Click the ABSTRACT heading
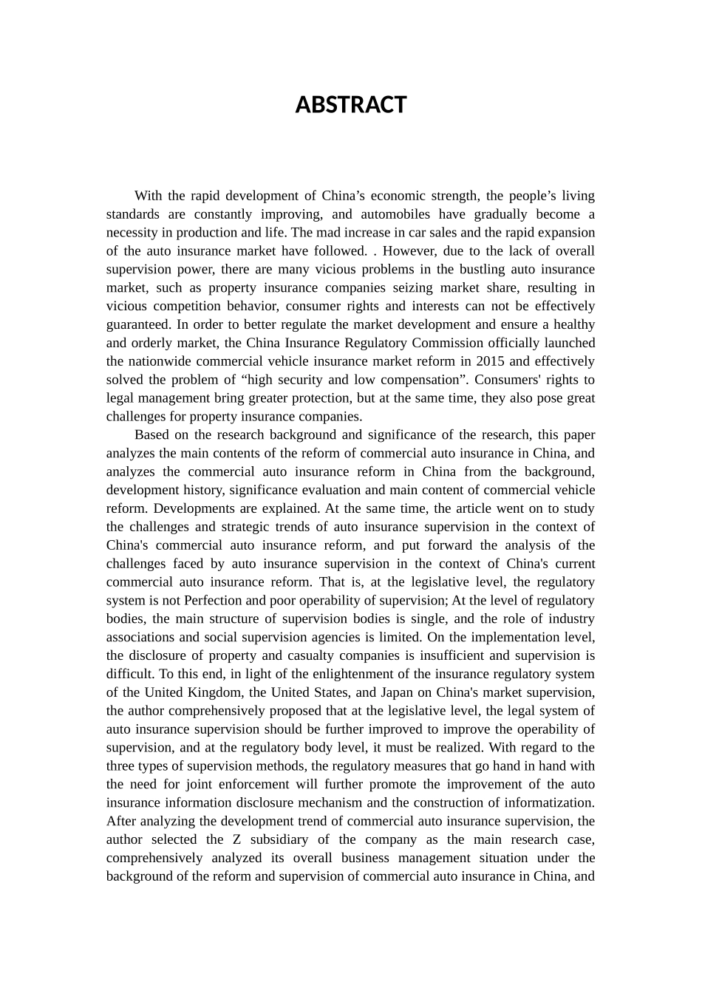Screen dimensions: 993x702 350,105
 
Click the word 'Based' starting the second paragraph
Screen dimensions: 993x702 150,435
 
